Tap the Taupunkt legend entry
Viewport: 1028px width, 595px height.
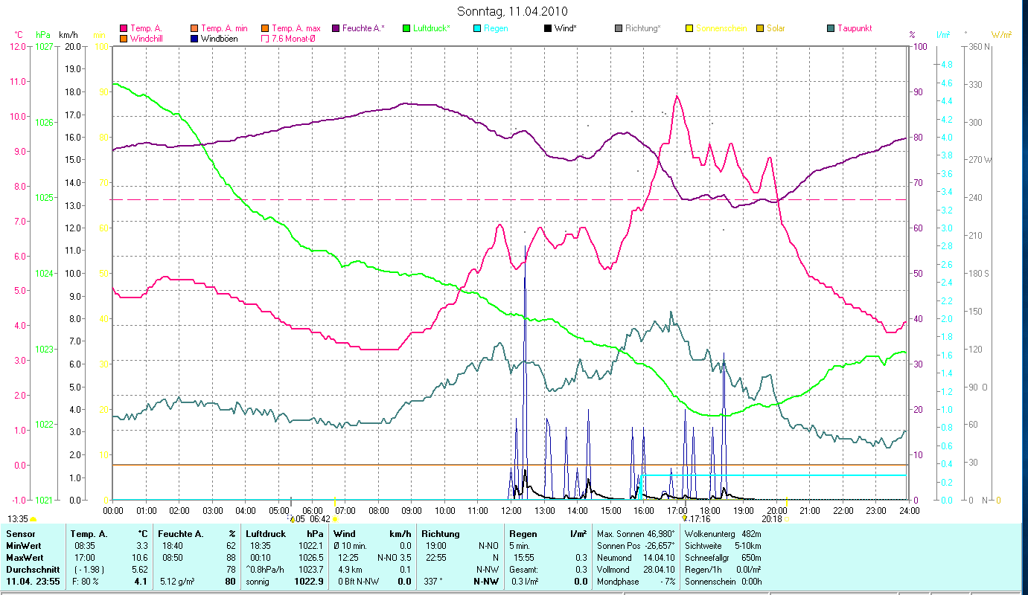click(854, 28)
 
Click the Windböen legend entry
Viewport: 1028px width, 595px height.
click(219, 38)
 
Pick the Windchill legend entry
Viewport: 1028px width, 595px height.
click(148, 38)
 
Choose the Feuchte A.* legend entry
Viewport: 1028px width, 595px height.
click(363, 28)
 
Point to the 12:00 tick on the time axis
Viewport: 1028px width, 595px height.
click(511, 511)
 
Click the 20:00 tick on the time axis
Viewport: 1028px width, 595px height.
click(776, 511)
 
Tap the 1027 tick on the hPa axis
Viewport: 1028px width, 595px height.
click(44, 47)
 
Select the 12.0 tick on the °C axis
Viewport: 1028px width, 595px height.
click(17, 47)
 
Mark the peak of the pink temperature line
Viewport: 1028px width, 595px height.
click(677, 96)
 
